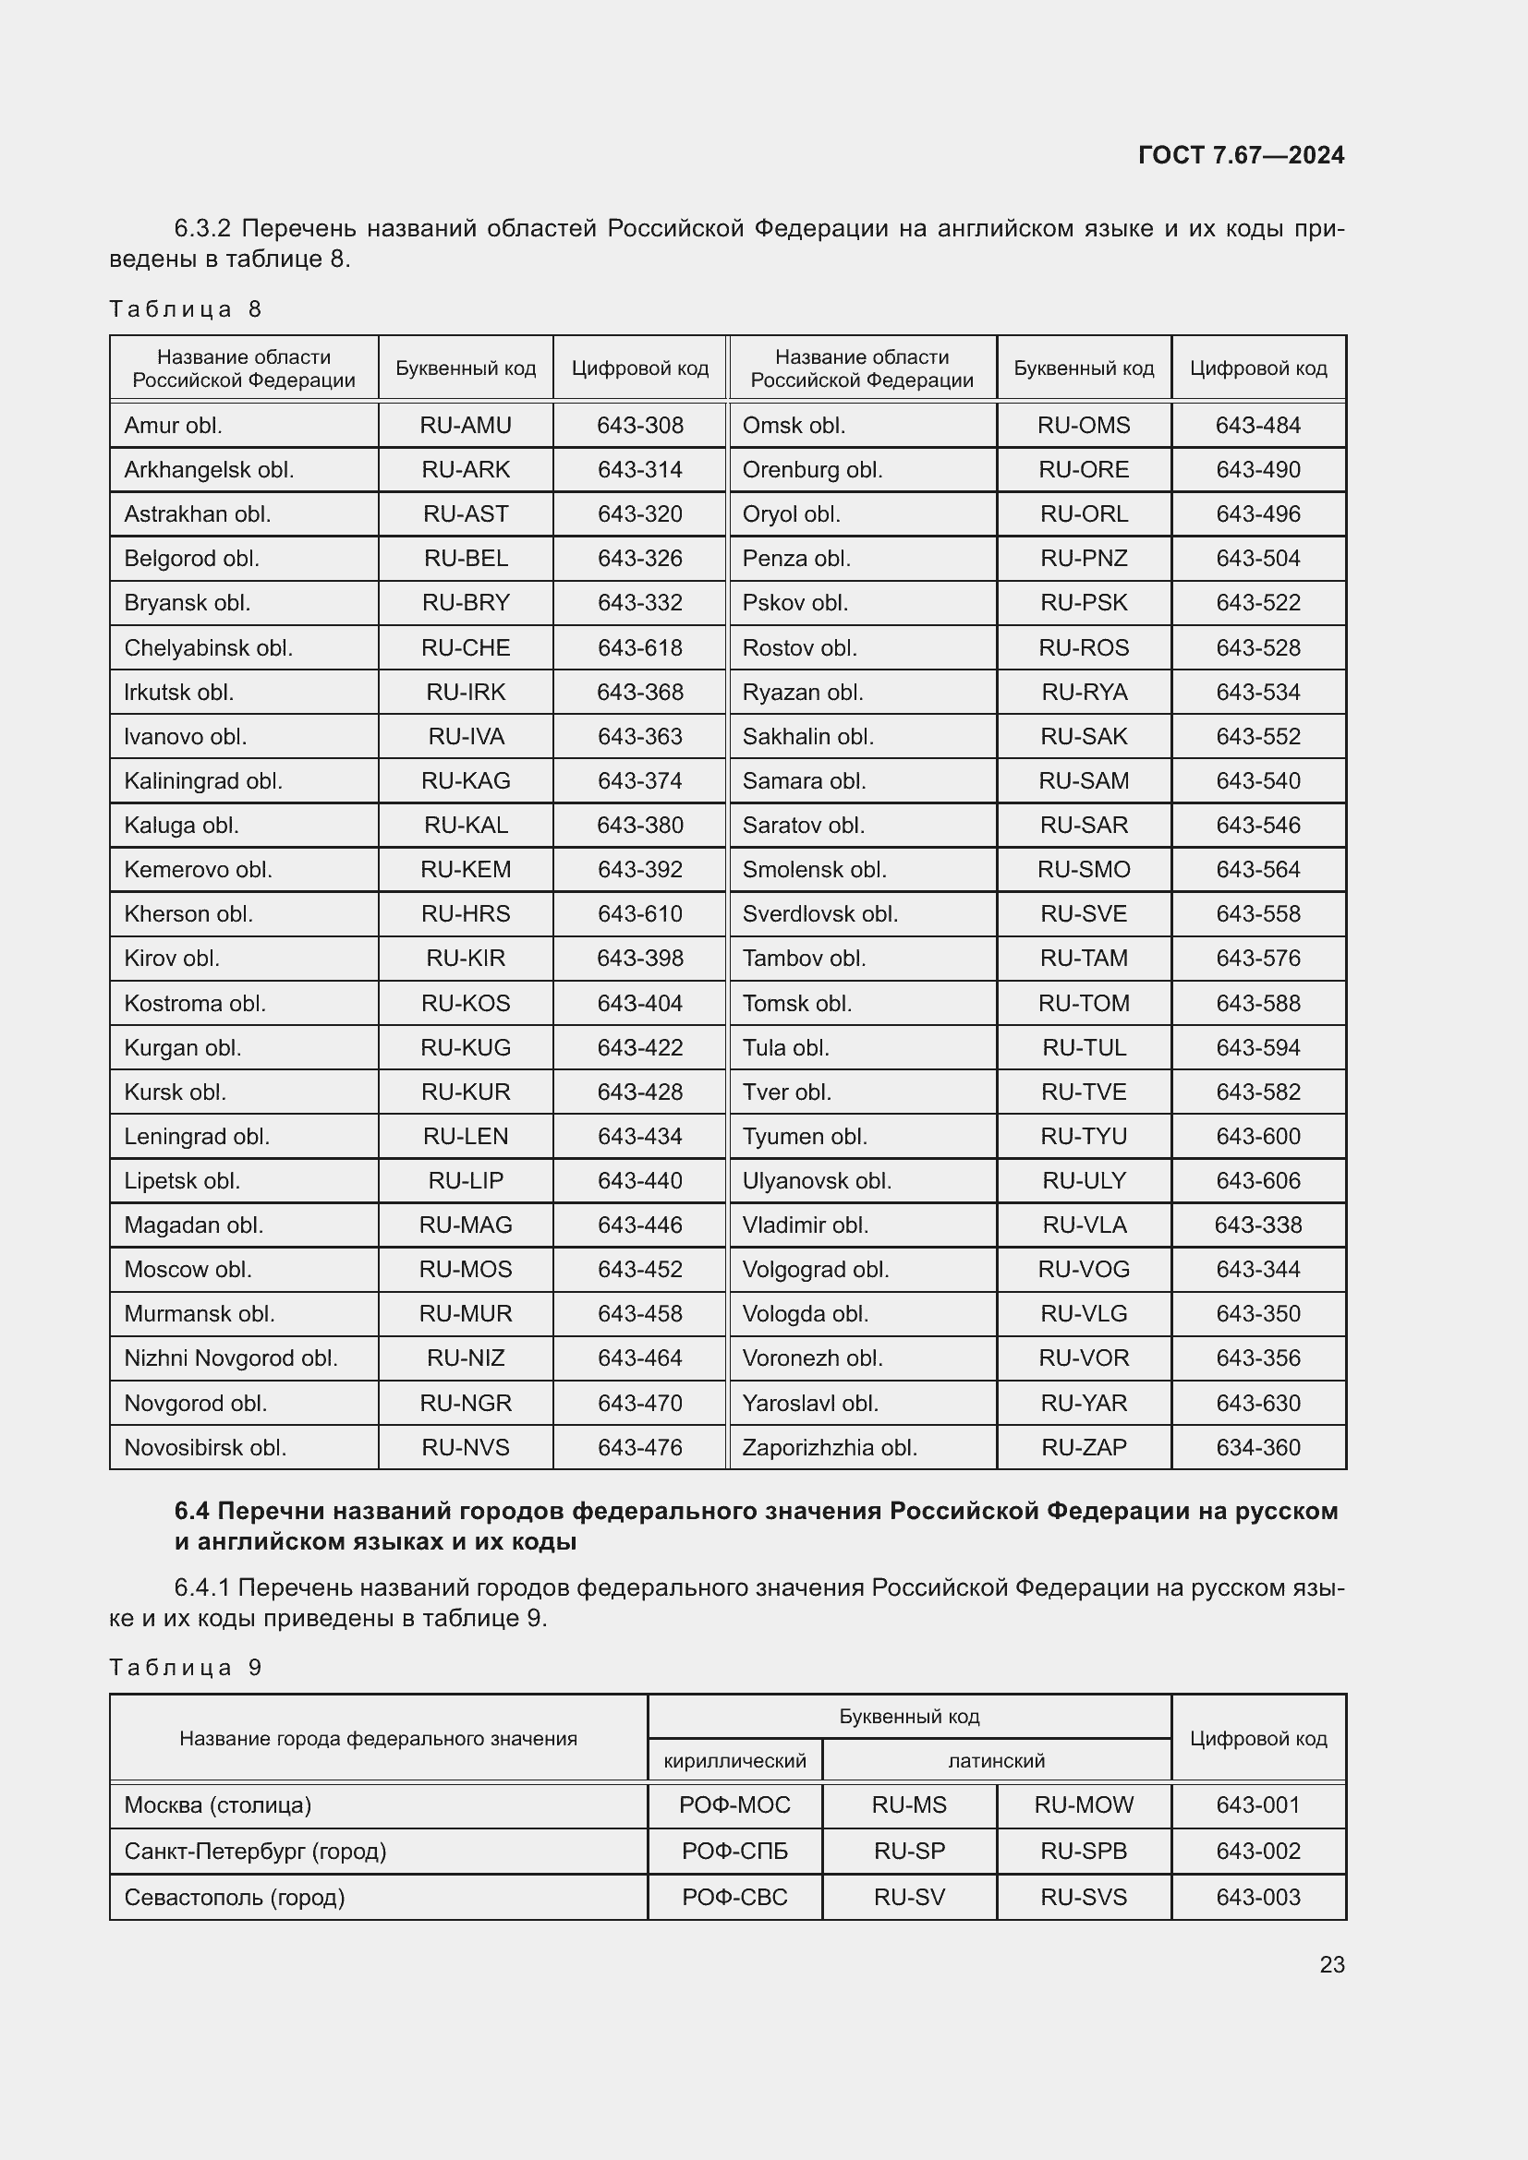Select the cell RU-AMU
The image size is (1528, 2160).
[x=466, y=425]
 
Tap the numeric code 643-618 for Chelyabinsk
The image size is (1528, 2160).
[x=640, y=648]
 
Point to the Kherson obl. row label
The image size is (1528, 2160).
[x=188, y=914]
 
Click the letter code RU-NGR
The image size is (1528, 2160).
[x=466, y=1404]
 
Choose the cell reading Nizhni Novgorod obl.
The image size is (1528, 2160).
[x=231, y=1358]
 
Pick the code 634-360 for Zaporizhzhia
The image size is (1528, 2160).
[x=1258, y=1448]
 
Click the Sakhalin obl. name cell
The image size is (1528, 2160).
[x=807, y=737]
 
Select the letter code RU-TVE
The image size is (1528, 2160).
[x=1084, y=1092]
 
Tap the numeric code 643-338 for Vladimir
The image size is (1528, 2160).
[x=1258, y=1225]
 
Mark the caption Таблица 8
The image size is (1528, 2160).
[x=186, y=309]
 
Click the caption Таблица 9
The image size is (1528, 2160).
[x=186, y=1668]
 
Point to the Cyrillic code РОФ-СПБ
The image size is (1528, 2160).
[x=734, y=1852]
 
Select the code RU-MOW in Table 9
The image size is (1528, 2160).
[x=1084, y=1805]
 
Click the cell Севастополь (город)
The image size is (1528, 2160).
[x=235, y=1898]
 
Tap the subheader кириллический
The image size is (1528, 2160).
[x=734, y=1760]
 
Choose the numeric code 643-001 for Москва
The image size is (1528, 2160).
[x=1258, y=1805]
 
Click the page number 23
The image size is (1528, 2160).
[x=1331, y=1965]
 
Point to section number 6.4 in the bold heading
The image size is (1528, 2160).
[x=192, y=1512]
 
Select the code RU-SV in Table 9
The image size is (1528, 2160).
[x=909, y=1898]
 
